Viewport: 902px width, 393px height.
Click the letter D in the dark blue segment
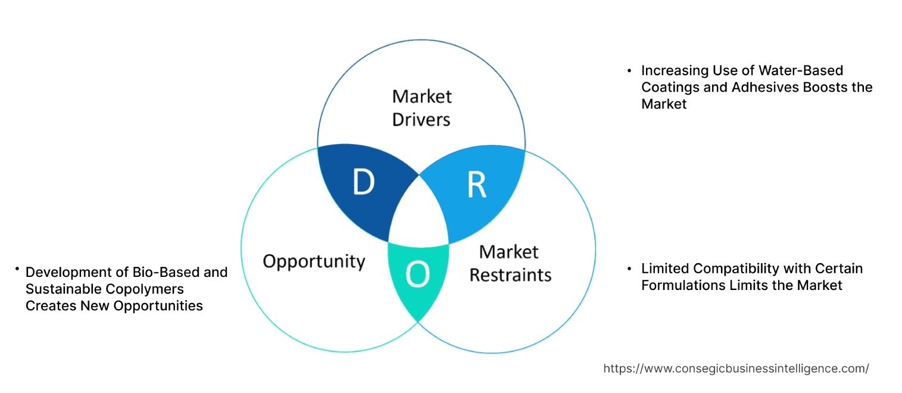point(363,183)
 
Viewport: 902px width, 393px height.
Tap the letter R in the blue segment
point(476,186)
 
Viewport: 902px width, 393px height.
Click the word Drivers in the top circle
point(422,119)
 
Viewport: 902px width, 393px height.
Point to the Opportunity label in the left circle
point(314,261)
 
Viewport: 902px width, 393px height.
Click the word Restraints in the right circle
point(510,275)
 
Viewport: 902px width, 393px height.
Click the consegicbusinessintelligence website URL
point(736,369)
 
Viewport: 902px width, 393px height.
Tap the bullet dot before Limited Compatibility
point(629,269)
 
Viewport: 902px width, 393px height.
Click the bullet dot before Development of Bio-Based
point(18,270)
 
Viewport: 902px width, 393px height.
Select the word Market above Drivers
point(422,96)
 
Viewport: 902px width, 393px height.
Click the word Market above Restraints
point(509,252)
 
